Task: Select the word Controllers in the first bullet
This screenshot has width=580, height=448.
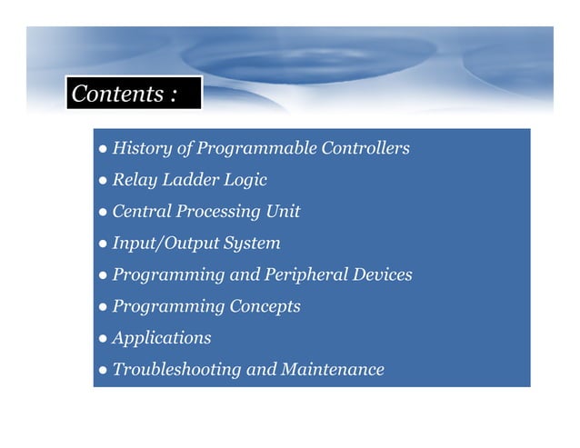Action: (x=365, y=148)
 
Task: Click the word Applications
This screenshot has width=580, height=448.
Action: (x=161, y=338)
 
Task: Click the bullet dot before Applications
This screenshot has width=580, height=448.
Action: (x=104, y=339)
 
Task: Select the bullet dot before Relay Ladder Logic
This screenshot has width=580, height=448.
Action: (x=104, y=181)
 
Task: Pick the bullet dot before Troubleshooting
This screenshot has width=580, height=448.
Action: (x=104, y=371)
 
